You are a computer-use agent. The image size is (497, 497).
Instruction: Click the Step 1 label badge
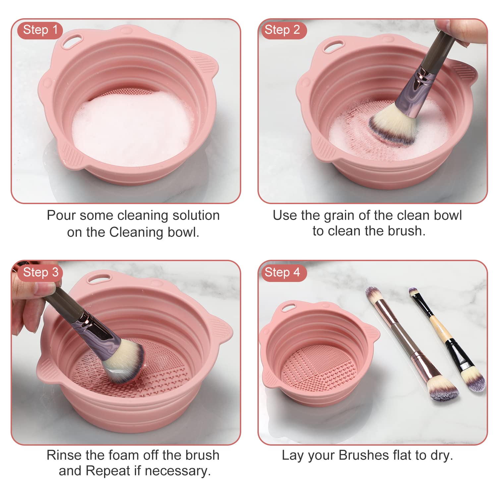point(40,30)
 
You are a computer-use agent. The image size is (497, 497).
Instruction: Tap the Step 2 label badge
point(282,30)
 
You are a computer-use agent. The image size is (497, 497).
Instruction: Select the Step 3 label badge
point(40,272)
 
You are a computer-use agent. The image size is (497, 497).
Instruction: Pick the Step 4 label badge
point(282,272)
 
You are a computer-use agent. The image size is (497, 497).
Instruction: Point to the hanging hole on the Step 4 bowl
point(290,307)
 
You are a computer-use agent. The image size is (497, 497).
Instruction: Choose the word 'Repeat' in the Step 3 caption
point(108,471)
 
